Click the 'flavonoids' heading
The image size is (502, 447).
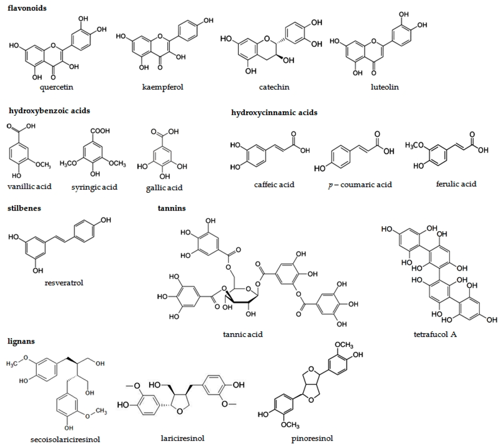click(27, 8)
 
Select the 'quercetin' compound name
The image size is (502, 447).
click(56, 87)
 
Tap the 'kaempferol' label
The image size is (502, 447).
click(163, 87)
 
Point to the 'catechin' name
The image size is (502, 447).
click(274, 87)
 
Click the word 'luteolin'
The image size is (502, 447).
click(384, 87)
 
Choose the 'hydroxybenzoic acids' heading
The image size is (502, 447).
click(50, 111)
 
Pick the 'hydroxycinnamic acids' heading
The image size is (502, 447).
click(275, 112)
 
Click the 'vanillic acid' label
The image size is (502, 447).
click(29, 186)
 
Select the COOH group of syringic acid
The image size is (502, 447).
click(100, 131)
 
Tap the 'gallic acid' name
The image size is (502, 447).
click(164, 188)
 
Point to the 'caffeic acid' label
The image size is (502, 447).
click(274, 184)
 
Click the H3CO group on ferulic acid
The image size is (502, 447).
click(414, 145)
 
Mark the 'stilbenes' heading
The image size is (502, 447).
click(25, 208)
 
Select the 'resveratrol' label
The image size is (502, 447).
click(64, 283)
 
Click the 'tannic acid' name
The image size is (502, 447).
click(243, 334)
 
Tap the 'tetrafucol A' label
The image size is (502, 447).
click(435, 335)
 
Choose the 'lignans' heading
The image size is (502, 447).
click(21, 341)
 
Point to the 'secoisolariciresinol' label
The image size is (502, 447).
click(65, 439)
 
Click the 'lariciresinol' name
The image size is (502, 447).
click(182, 438)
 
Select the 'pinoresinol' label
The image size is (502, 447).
click(312, 438)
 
